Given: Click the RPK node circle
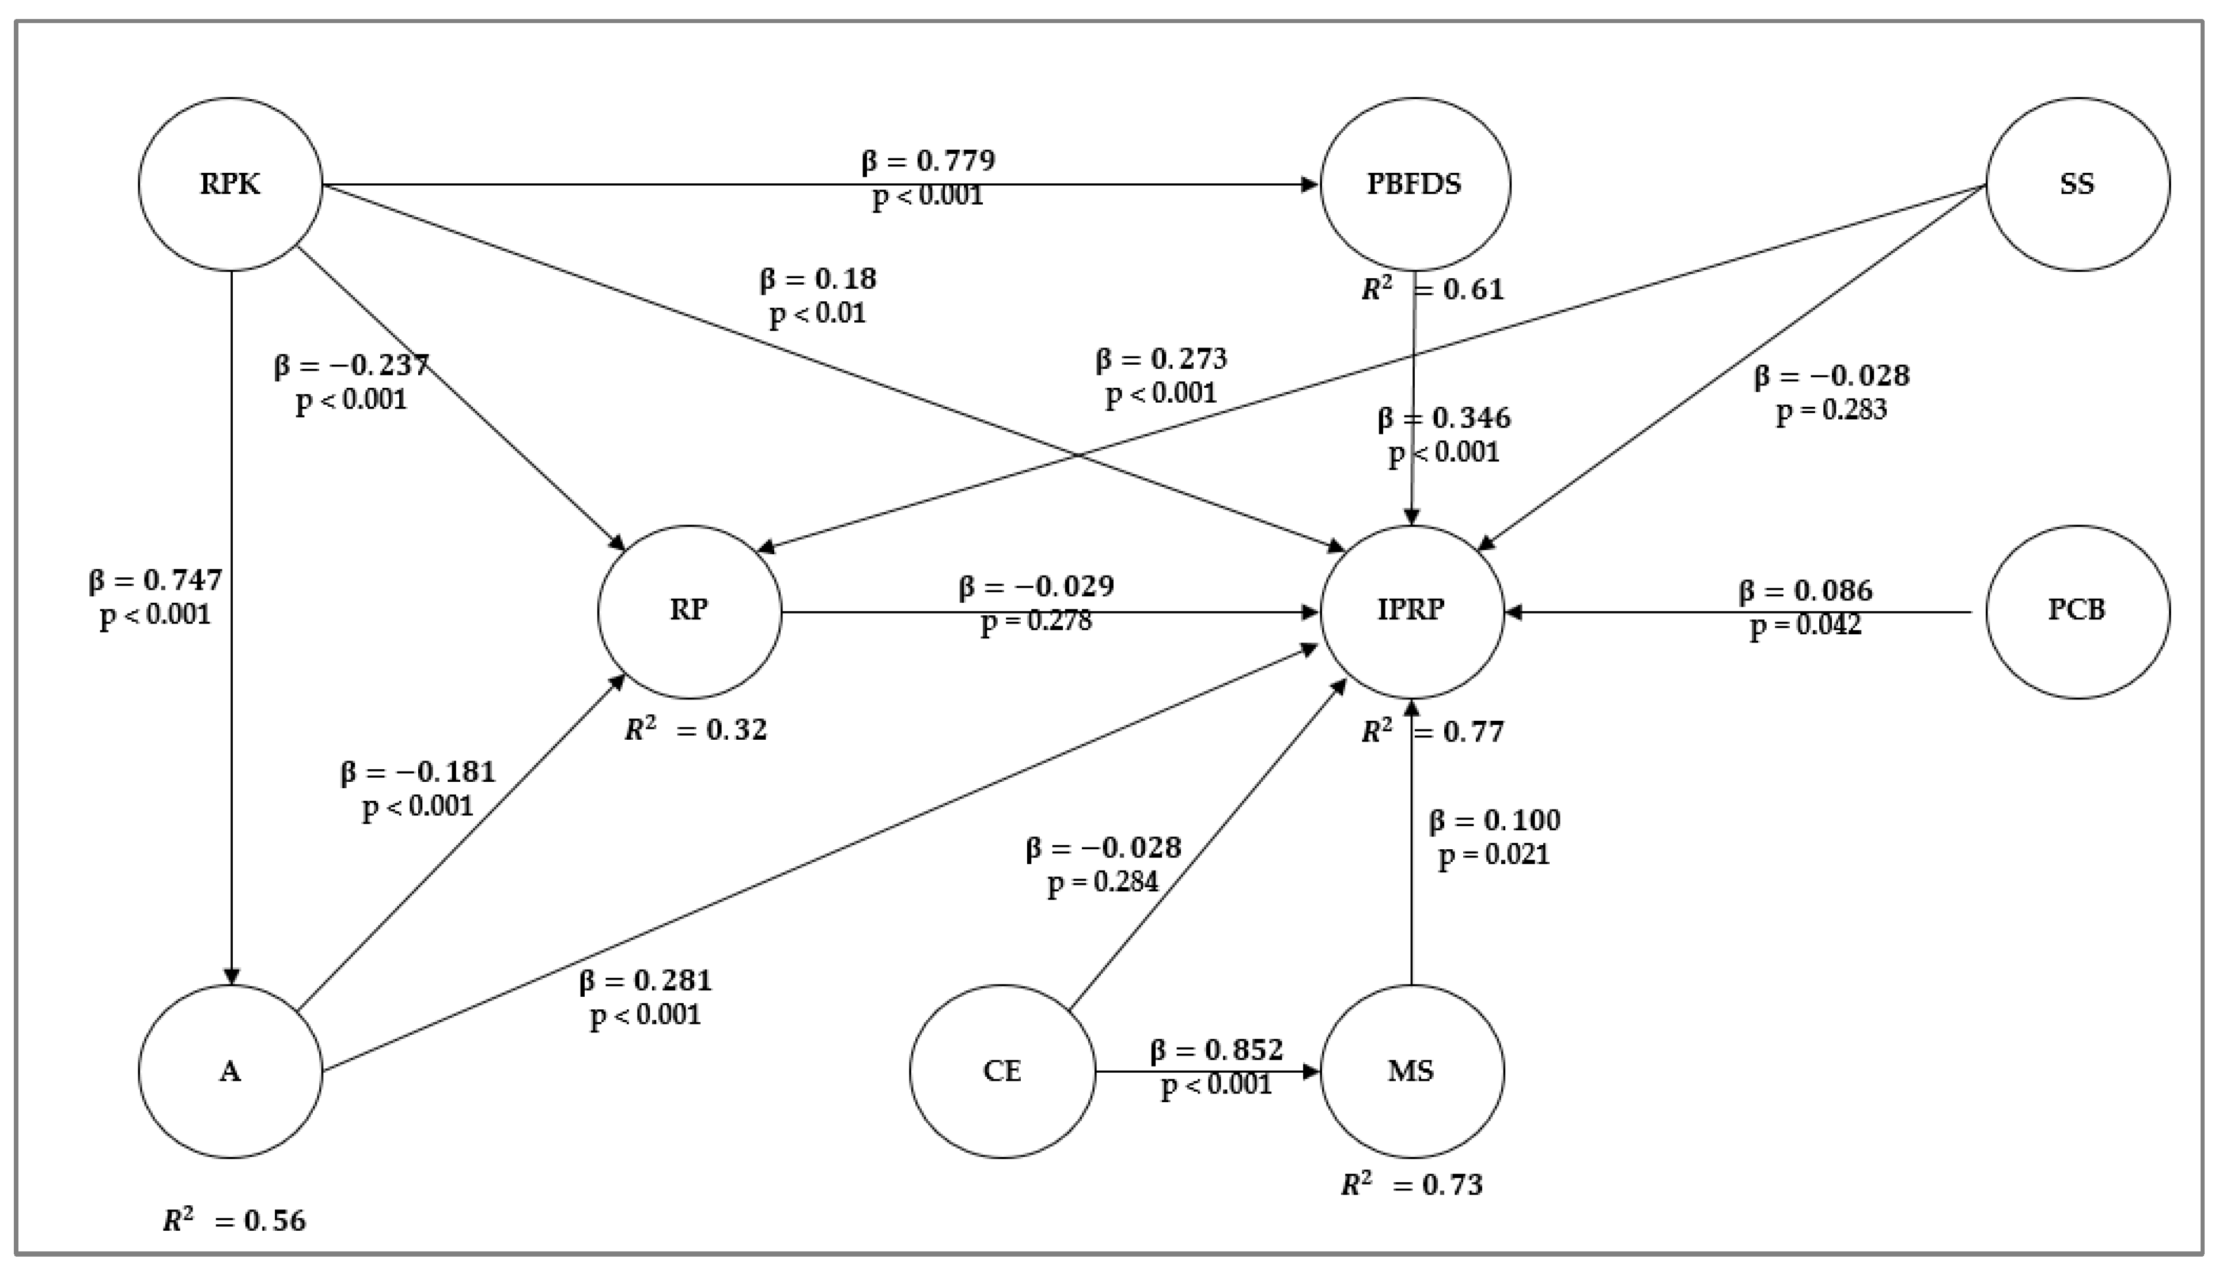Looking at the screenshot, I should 230,184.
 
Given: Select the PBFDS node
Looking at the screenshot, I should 1414,184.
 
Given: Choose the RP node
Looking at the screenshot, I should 690,611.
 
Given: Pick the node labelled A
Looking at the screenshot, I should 230,1071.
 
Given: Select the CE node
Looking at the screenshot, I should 1002,1071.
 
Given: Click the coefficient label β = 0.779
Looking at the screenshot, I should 927,161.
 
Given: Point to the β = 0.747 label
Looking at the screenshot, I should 156,581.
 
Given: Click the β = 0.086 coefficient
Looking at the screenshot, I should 1805,591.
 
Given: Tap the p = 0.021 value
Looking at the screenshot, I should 1494,854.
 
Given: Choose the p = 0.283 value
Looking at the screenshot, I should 1831,410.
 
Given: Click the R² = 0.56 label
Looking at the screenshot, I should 234,1220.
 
